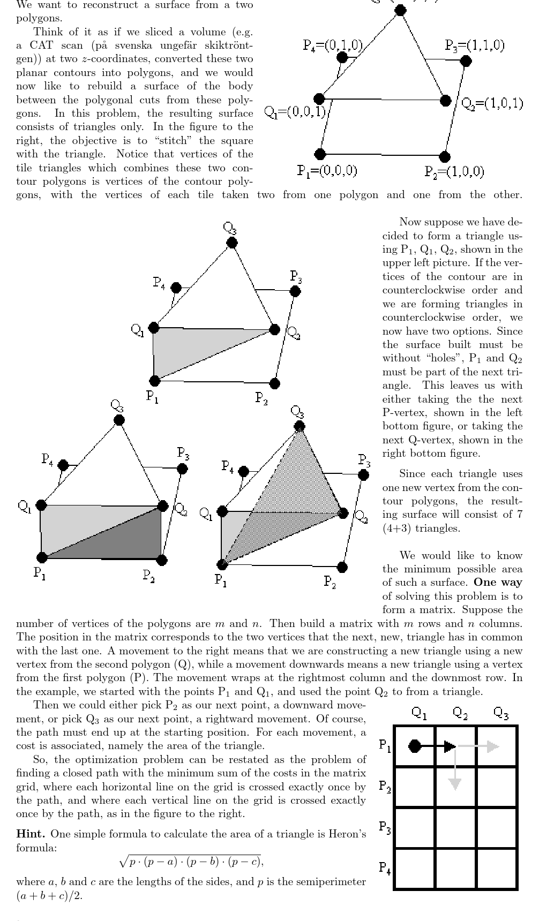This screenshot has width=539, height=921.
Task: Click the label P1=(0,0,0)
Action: coord(327,171)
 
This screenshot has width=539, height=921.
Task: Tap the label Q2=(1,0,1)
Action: coord(492,103)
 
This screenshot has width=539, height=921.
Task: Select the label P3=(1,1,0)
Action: coord(474,46)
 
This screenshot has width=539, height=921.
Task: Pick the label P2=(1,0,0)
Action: coord(454,171)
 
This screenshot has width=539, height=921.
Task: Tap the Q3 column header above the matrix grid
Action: coord(501,713)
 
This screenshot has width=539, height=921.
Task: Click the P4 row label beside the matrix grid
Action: coord(385,867)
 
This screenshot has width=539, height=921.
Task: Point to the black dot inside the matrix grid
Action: coord(414,746)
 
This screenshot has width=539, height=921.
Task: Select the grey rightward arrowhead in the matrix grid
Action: coord(493,746)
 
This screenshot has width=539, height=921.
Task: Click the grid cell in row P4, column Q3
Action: coord(497,869)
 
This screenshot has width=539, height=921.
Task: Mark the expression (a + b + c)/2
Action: coord(49,896)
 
